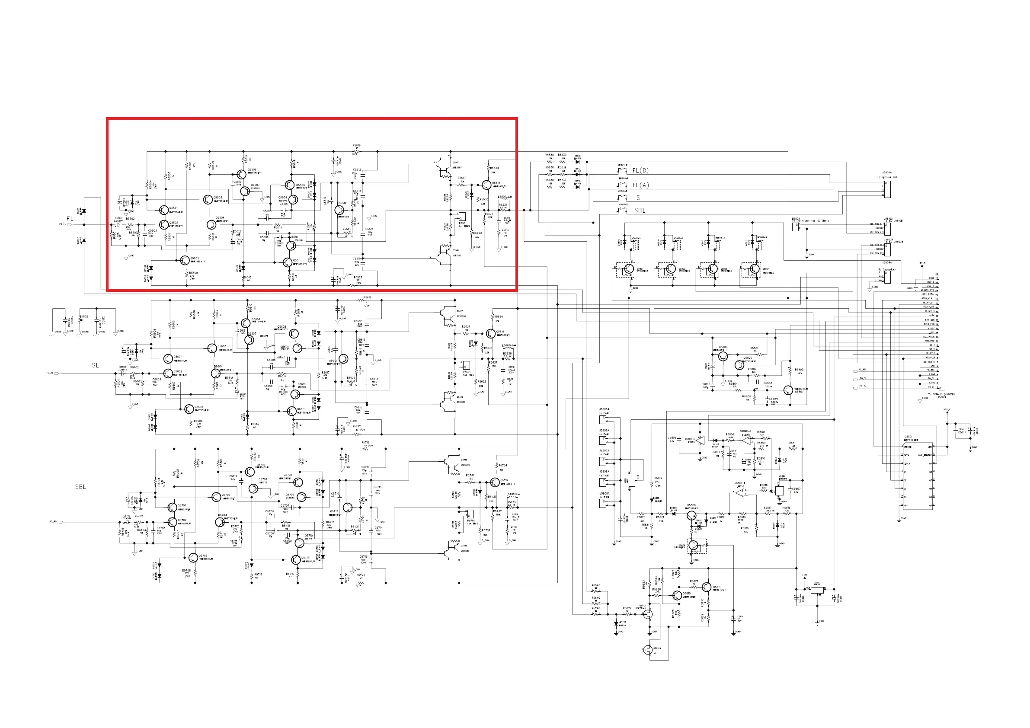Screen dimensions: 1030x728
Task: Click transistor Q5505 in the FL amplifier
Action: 184,260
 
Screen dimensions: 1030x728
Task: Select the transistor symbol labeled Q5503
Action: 207,200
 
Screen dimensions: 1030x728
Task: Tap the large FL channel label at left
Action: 70,219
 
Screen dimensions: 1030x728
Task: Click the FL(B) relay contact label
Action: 640,170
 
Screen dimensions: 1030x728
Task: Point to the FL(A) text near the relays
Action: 640,185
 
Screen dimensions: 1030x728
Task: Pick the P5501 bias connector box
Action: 462,217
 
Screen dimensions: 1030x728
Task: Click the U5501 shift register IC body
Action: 919,476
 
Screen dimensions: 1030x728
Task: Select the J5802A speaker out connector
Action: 887,189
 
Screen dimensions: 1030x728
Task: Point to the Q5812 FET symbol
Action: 647,614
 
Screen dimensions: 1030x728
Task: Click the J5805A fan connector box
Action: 604,420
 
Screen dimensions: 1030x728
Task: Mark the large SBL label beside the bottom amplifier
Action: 80,487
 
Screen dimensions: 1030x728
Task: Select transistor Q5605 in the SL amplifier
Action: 189,409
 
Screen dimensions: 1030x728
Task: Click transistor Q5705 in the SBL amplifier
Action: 193,558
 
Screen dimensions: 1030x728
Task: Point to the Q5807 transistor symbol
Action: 788,390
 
